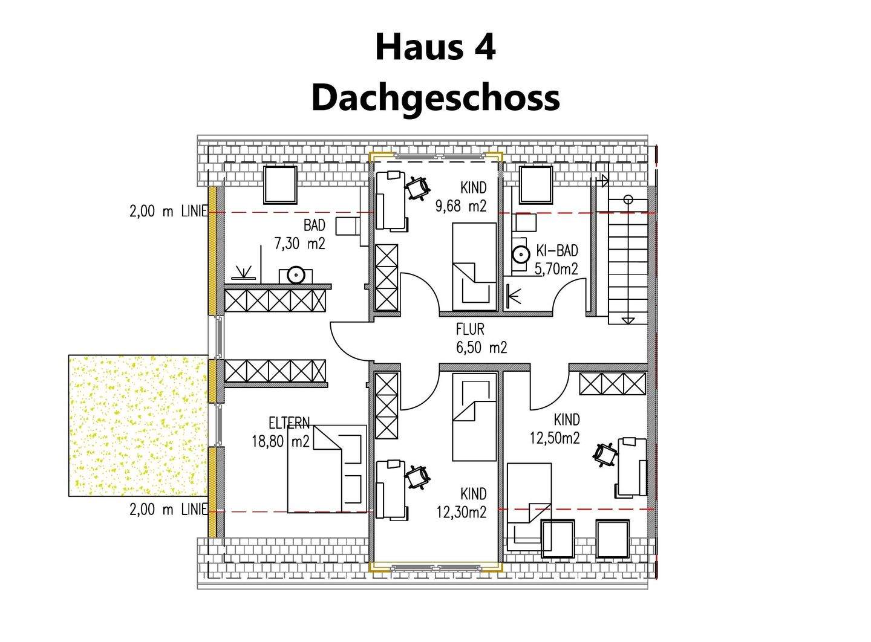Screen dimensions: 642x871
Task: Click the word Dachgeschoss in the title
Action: point(435,98)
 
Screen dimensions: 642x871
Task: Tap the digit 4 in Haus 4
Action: point(484,47)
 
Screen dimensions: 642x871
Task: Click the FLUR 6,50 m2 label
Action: point(481,339)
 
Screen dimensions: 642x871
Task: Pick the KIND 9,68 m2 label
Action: point(461,197)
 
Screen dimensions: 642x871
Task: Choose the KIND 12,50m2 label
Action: point(555,429)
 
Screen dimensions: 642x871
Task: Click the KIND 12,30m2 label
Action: point(462,504)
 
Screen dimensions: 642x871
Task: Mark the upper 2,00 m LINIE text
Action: point(169,211)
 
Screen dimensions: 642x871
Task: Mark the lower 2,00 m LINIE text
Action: point(169,510)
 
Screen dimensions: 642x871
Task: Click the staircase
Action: point(628,260)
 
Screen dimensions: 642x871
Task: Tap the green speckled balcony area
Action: point(138,426)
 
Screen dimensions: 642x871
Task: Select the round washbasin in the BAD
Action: point(295,275)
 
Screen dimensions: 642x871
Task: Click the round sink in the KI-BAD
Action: point(520,255)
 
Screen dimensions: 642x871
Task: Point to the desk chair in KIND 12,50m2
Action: point(605,453)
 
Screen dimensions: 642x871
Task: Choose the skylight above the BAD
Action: point(280,185)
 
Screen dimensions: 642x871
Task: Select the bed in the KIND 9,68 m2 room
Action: point(475,264)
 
